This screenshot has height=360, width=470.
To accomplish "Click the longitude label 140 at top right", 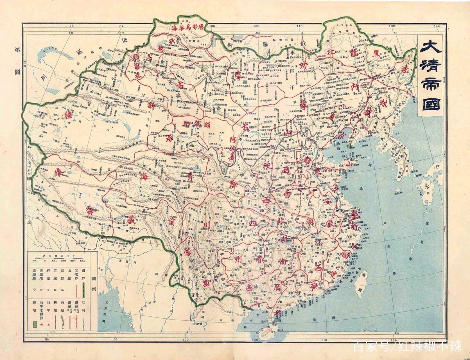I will (x=436, y=26).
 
